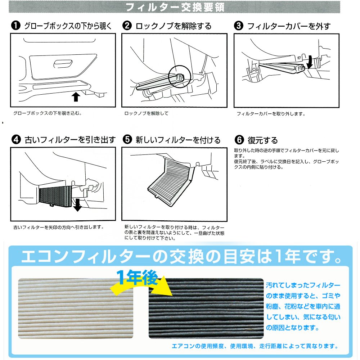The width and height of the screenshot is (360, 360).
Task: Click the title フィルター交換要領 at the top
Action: point(175,7)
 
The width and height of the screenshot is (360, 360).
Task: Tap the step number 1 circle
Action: point(15,25)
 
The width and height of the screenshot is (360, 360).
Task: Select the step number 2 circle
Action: point(127,26)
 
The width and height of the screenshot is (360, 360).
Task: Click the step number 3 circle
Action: point(239,26)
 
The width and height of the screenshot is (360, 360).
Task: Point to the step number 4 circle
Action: point(16,139)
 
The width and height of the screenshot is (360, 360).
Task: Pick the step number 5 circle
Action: point(127,139)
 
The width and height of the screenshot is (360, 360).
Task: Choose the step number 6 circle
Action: point(239,140)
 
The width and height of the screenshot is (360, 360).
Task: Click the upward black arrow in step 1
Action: point(76,96)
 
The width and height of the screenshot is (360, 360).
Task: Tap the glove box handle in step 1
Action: point(63,64)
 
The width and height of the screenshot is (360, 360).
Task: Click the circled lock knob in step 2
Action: point(179,77)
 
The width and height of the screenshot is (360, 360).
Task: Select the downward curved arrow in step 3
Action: point(310,62)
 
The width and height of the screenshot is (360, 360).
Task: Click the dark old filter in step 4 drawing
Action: point(55,196)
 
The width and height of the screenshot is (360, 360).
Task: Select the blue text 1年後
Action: point(137,277)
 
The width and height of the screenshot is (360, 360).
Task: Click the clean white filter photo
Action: point(76,309)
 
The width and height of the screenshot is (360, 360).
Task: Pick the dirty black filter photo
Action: point(206,309)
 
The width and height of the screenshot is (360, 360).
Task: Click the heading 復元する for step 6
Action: point(263,140)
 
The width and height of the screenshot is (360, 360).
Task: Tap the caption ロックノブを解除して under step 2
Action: point(146,113)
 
